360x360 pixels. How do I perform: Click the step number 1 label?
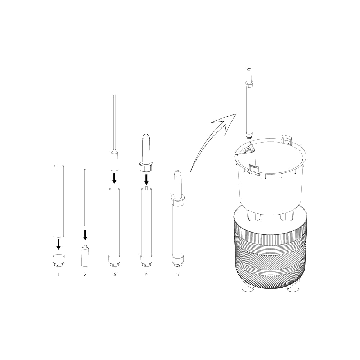click(59, 274)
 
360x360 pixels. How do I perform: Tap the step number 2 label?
click(85, 274)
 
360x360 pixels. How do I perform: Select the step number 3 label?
click(114, 274)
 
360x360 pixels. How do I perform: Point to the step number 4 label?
click(146, 274)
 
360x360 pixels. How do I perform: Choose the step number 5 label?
click(178, 274)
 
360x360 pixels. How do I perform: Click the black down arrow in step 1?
click(59, 244)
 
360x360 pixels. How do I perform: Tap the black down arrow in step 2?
click(85, 235)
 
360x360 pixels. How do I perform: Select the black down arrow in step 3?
click(114, 179)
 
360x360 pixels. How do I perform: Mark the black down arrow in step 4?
click(146, 180)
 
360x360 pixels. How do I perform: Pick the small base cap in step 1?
click(59, 260)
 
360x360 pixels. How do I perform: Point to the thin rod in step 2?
click(85, 197)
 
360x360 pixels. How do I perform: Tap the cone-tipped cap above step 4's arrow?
click(146, 153)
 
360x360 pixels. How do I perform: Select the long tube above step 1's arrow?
click(59, 201)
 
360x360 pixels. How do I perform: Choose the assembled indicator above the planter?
click(249, 103)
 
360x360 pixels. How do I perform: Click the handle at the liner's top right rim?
click(287, 139)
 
